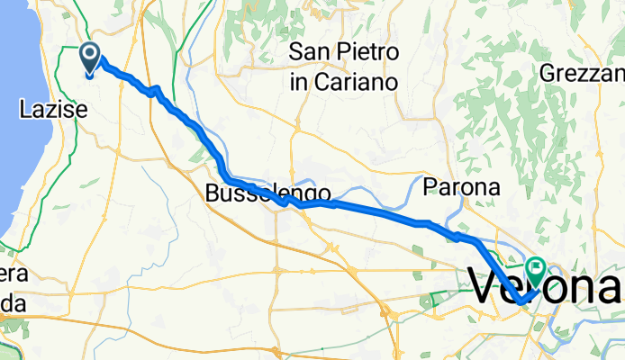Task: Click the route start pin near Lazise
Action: tap(91, 58)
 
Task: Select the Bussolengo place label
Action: tap(267, 193)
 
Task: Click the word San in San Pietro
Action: tap(309, 53)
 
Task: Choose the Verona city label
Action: tap(546, 288)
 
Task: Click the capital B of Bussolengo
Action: tap(212, 193)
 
